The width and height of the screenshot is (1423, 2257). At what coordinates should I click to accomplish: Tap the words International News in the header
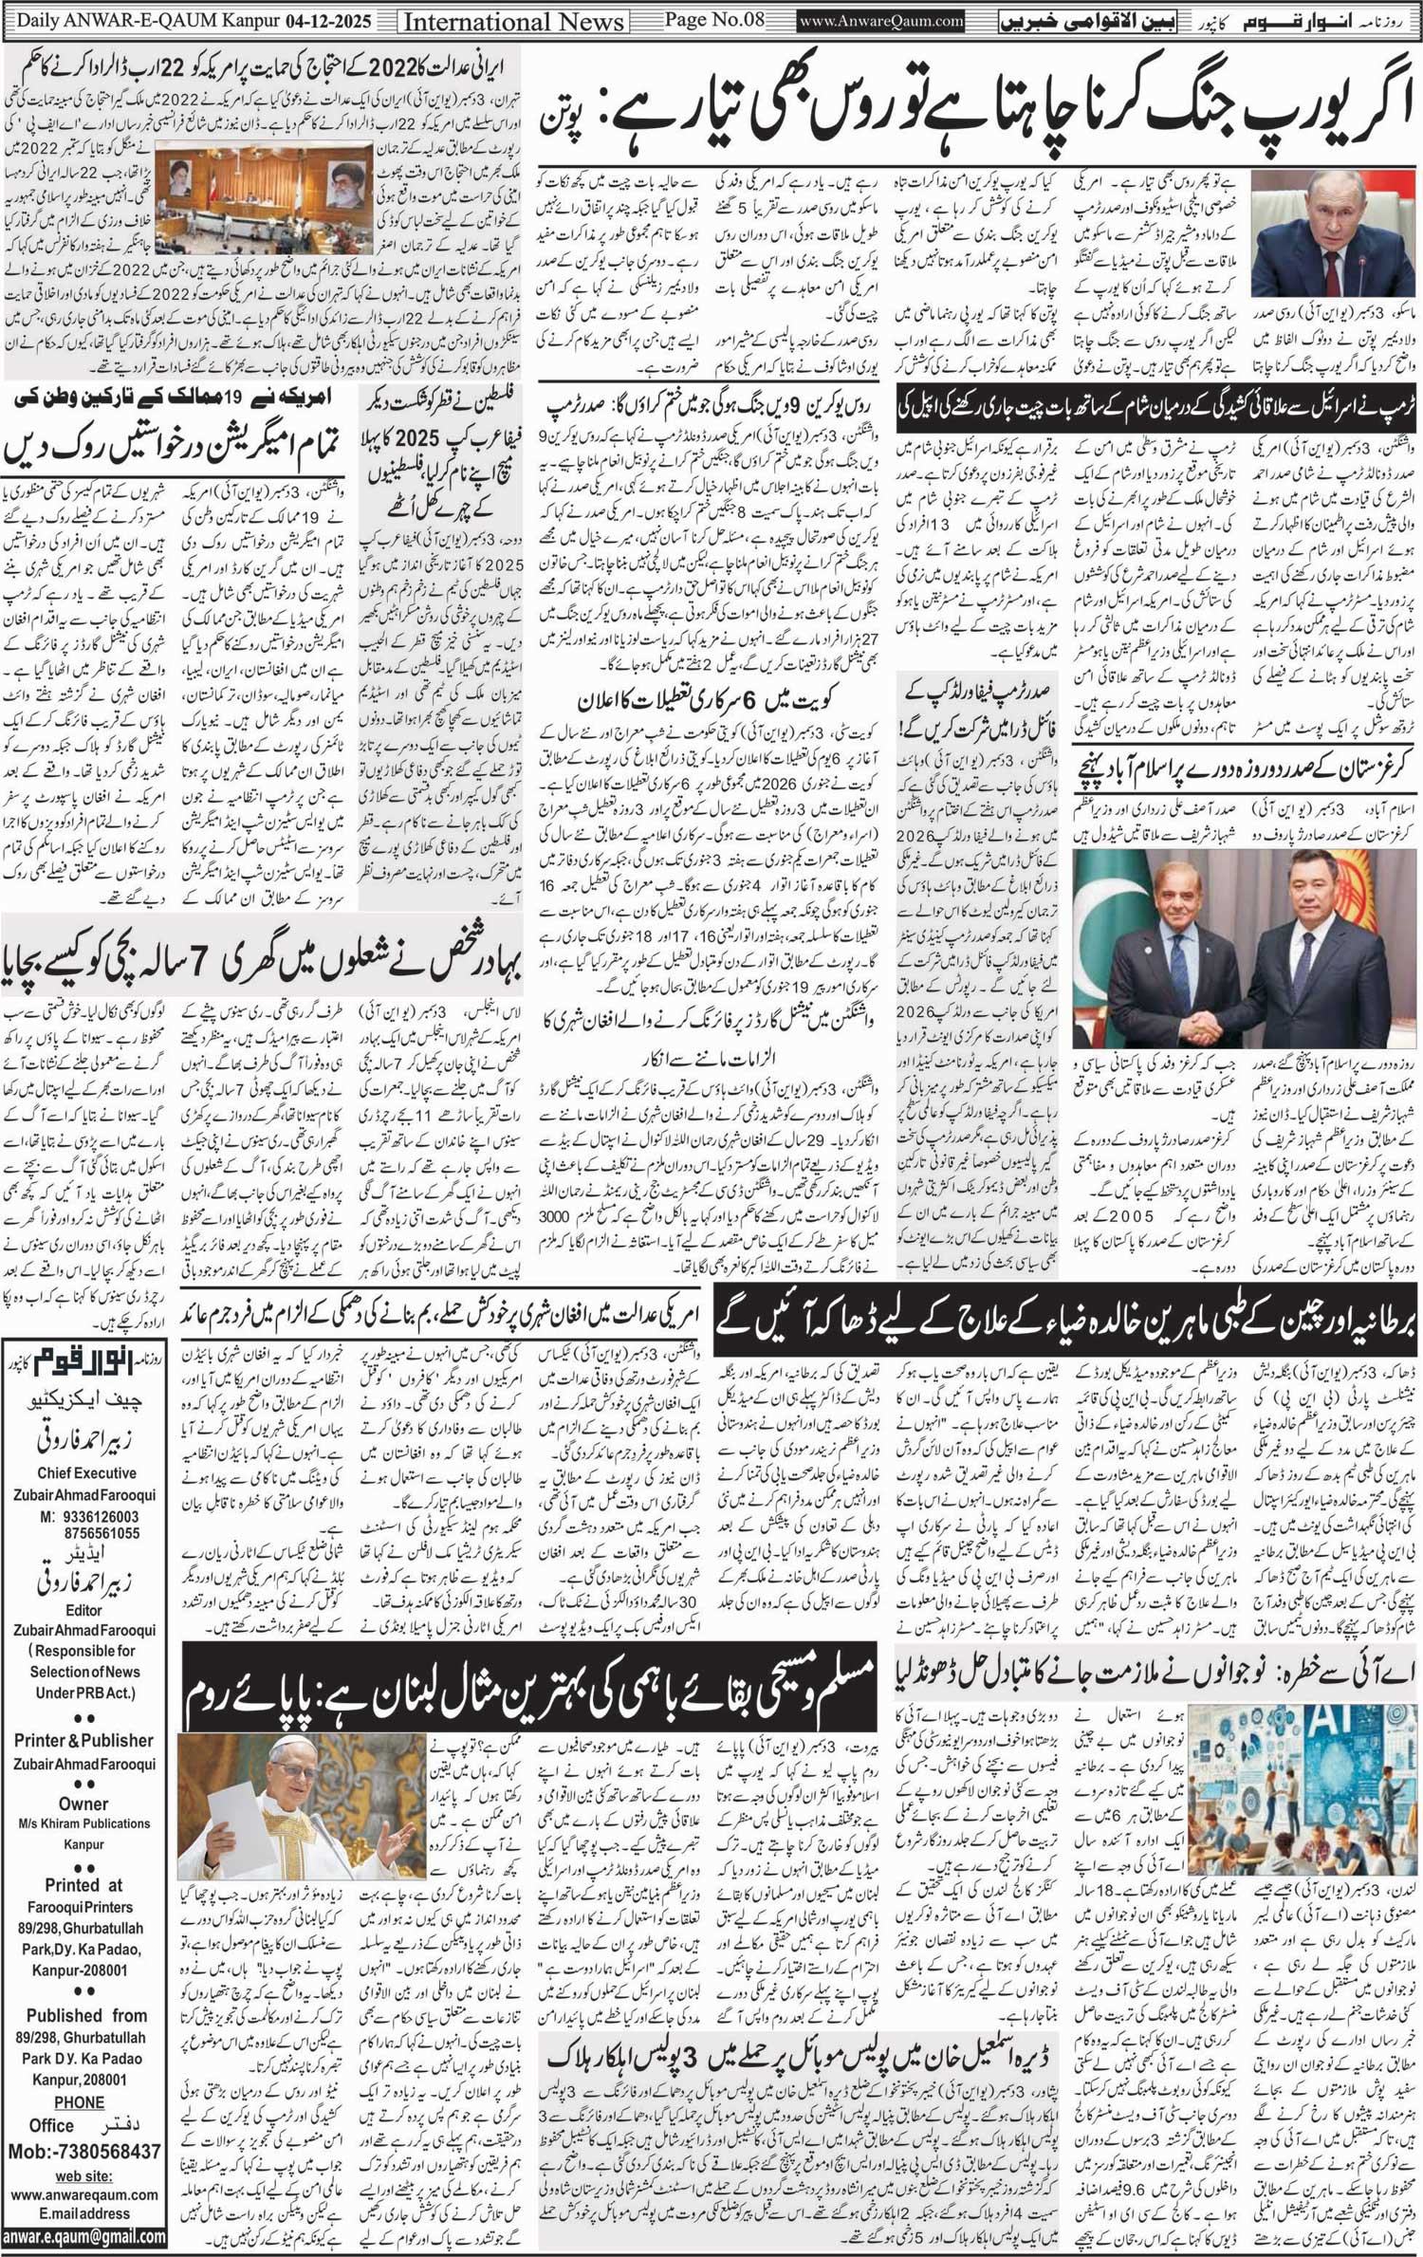point(513,21)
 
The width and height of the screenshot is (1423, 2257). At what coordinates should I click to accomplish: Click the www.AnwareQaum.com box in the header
point(881,20)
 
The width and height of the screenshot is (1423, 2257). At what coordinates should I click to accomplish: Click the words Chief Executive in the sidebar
point(86,1473)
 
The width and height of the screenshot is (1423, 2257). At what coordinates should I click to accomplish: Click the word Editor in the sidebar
point(83,1610)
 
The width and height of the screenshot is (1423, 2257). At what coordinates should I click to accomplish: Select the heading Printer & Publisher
point(83,1740)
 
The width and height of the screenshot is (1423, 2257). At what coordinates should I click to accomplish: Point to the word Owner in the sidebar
point(83,1804)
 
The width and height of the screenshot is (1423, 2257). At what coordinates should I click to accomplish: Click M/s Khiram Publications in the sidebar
point(83,1823)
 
